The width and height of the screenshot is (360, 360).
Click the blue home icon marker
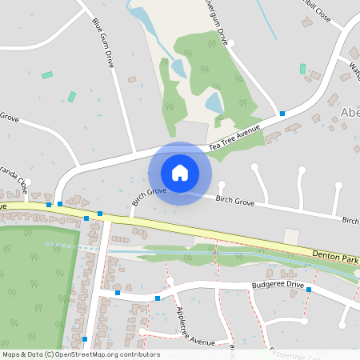click(180, 172)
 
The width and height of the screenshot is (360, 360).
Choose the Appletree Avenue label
click(191, 325)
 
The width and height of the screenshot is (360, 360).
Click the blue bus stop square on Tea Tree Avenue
click(282, 114)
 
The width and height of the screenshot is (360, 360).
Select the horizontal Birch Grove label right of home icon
click(234, 203)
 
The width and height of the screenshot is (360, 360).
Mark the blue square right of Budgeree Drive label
click(309, 290)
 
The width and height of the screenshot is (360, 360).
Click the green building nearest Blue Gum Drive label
click(72, 97)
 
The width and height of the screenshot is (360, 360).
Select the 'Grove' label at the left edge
click(9, 118)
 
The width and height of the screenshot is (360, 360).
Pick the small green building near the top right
click(302, 69)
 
